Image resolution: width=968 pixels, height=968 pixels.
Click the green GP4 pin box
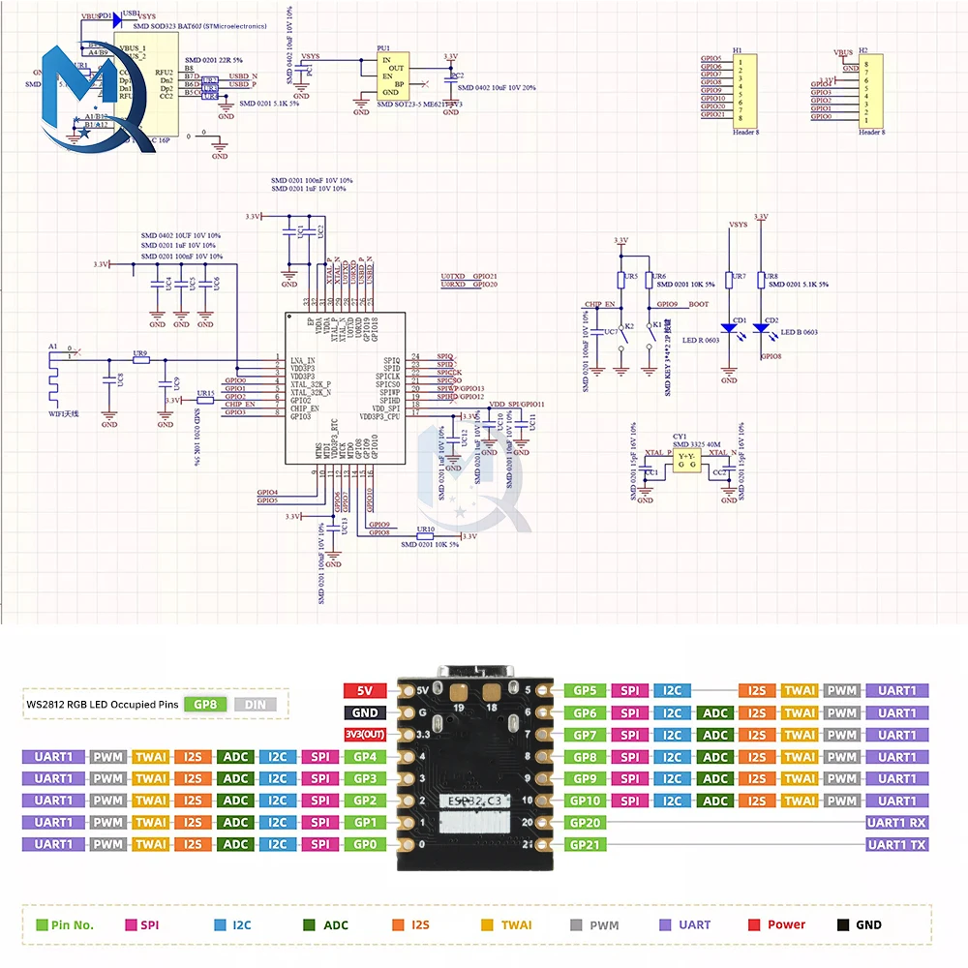point(365,757)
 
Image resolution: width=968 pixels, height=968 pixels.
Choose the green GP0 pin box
point(365,844)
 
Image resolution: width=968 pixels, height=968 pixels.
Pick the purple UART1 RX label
point(896,823)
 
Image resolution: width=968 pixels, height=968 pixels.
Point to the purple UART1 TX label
point(896,844)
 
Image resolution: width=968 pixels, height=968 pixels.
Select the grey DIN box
point(255,705)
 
